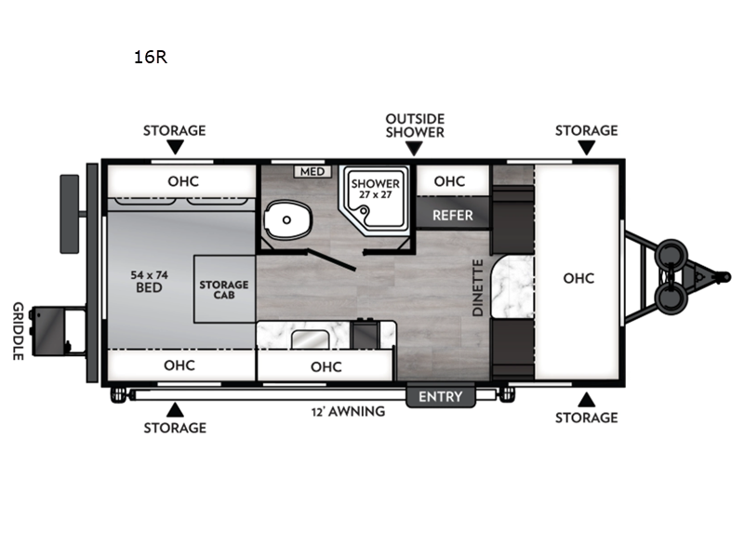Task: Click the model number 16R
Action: coord(151,57)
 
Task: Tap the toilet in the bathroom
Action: coord(287,219)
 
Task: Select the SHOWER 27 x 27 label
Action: coord(376,189)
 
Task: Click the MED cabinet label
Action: coord(312,171)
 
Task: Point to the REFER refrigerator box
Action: coord(453,215)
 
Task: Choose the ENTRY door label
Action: coord(440,396)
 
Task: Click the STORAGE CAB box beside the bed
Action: coord(224,289)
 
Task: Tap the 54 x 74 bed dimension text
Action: coord(150,274)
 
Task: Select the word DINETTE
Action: coord(478,287)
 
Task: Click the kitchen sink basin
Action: coord(310,339)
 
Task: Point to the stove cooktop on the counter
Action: coord(365,334)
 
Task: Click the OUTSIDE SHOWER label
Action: coord(415,126)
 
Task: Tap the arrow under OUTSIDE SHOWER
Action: coord(414,149)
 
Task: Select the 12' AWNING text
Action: coord(348,411)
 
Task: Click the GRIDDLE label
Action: coord(18,331)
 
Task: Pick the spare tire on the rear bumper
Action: coord(69,214)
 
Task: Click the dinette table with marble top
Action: coord(513,287)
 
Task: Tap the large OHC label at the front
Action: coord(578,278)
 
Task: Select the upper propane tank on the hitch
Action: coord(671,255)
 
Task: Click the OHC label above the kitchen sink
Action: coord(326,366)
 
